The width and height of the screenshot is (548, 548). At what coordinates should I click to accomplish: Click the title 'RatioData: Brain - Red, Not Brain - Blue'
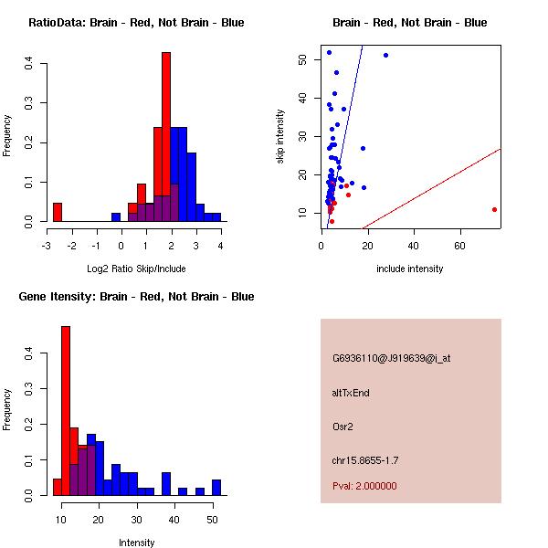click(x=136, y=23)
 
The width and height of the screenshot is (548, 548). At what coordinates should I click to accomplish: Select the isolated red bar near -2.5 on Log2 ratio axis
click(x=58, y=212)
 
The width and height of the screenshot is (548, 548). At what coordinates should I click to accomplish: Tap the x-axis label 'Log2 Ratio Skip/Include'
click(x=136, y=269)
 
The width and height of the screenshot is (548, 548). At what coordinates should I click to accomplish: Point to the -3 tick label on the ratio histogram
click(x=47, y=246)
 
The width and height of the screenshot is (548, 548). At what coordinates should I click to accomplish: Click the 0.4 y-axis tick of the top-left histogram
click(x=29, y=63)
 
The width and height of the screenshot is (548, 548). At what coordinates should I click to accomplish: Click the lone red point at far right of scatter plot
click(x=494, y=209)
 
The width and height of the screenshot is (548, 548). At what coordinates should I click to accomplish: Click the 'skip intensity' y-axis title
click(x=280, y=137)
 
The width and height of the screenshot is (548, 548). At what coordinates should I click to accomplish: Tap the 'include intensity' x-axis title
click(x=410, y=269)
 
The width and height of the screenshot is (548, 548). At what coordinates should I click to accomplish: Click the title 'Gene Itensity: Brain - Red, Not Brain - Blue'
click(x=136, y=297)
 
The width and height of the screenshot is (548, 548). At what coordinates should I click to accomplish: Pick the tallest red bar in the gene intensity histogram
click(x=66, y=410)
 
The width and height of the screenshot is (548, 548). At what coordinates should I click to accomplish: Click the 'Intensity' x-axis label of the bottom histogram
click(x=137, y=543)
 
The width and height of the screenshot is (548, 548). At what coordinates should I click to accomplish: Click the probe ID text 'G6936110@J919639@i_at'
click(x=391, y=358)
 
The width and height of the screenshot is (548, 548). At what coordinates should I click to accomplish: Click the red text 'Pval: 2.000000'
click(x=364, y=486)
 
